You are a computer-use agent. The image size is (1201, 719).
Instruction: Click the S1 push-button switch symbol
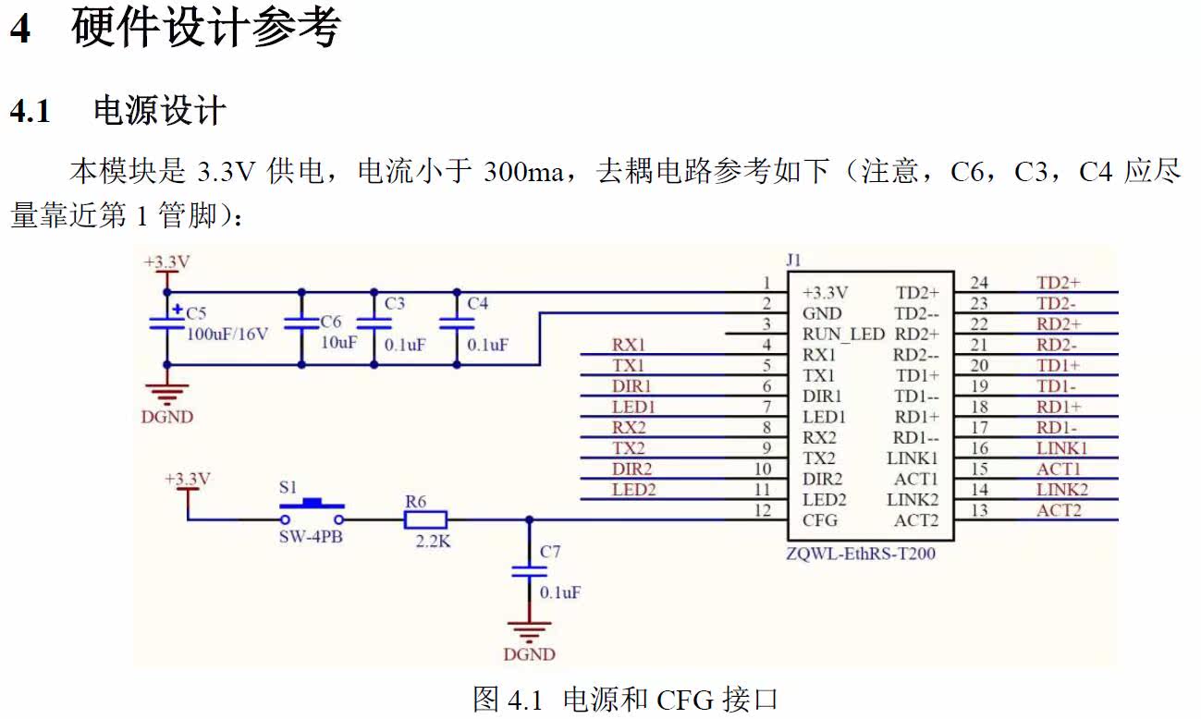pos(312,506)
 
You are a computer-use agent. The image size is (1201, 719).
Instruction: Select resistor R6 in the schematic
pos(426,519)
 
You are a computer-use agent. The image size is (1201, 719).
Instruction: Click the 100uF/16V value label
pos(227,334)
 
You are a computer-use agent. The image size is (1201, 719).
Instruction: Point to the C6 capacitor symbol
pos(301,324)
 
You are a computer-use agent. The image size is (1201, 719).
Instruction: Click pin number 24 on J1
pos(979,282)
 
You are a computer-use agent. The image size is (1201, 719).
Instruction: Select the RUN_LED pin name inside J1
pos(843,334)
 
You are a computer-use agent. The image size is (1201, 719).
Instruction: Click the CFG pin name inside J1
pos(820,520)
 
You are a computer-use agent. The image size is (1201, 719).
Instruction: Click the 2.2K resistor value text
pos(433,542)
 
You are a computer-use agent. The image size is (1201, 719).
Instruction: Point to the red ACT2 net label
pos(1059,510)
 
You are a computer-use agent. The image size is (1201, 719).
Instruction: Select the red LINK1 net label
pos(1061,448)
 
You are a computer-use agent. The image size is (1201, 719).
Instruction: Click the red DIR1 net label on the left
pos(631,385)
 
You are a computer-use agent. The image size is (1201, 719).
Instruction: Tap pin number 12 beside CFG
pos(762,510)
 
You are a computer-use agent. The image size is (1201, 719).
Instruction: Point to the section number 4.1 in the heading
pos(30,112)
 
